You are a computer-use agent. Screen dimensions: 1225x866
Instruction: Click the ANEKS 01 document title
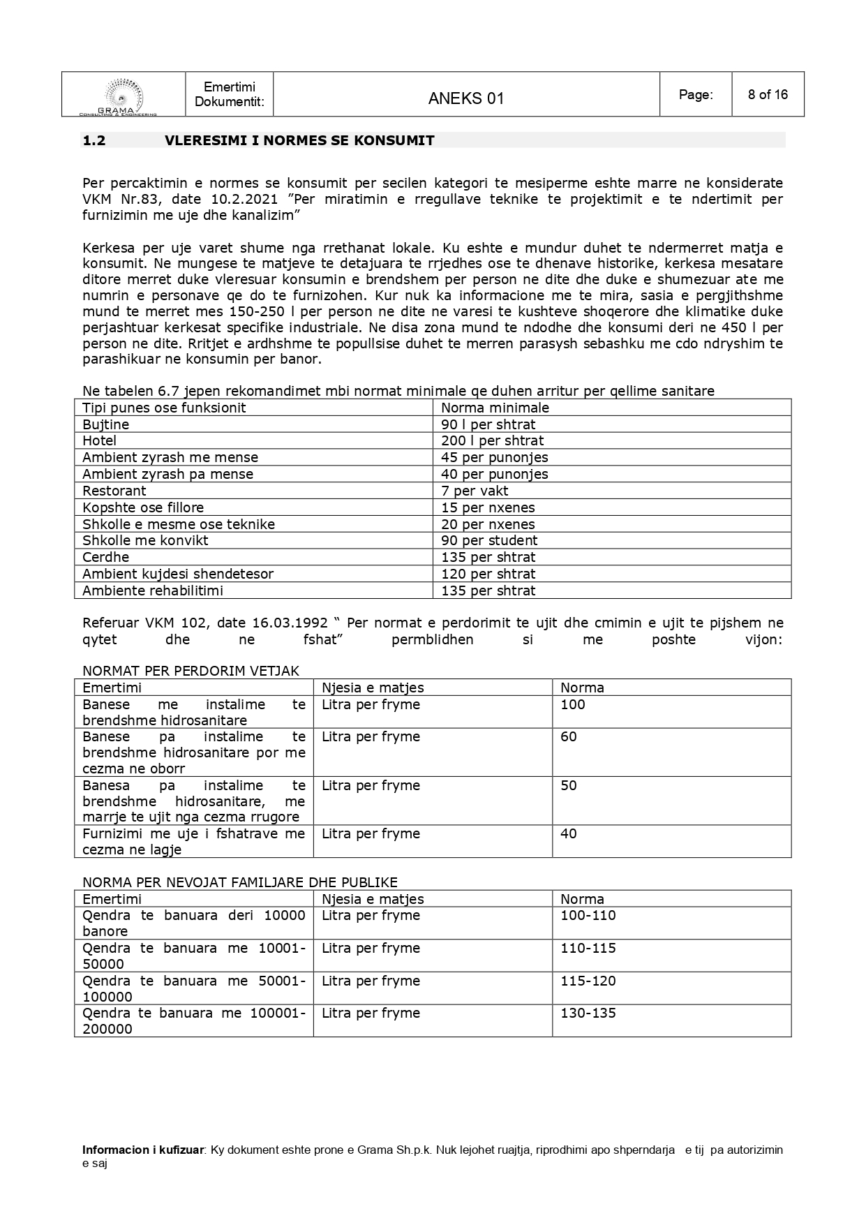(465, 98)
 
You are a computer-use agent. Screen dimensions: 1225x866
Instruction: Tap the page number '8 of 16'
(768, 94)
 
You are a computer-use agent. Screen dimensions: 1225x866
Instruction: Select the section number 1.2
(94, 140)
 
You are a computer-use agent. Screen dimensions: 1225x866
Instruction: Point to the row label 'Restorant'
(114, 491)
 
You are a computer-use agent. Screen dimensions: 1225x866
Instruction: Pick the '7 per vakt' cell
(475, 491)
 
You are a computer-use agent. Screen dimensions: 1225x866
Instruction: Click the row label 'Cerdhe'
(105, 557)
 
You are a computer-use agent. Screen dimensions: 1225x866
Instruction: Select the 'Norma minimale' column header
(495, 408)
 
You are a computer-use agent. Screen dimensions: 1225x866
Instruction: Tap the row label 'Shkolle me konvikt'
(145, 540)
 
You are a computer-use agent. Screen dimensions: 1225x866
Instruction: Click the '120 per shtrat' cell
(488, 574)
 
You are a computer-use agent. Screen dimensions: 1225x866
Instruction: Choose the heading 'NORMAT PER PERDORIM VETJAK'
(191, 671)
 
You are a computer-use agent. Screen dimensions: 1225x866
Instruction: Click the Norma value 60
(569, 736)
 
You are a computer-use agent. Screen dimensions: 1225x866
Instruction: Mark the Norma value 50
(569, 785)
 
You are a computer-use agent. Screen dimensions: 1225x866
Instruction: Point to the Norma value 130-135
(588, 1013)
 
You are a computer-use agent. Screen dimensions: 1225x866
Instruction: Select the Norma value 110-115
(588, 948)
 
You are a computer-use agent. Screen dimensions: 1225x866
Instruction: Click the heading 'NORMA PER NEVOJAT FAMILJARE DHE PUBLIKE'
(240, 882)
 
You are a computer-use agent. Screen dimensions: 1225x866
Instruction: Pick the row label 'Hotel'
(99, 440)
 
